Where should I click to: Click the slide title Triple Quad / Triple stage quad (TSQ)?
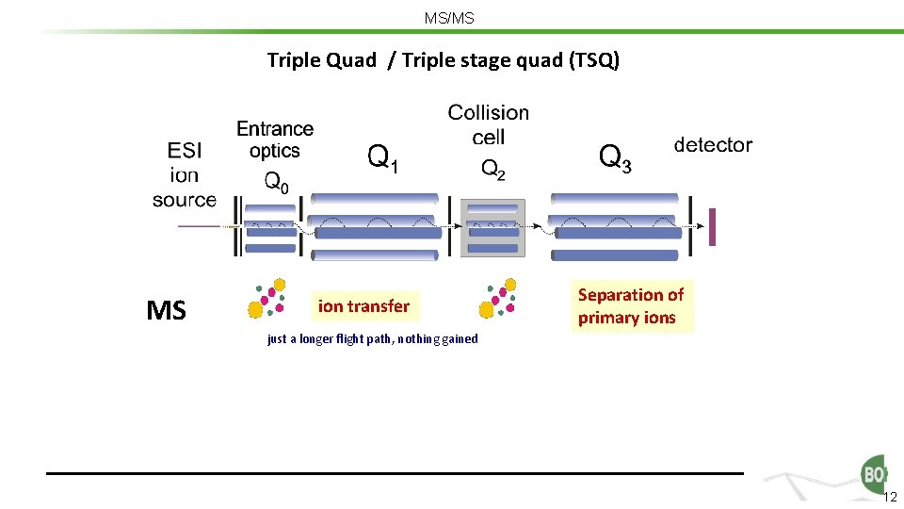pyautogui.click(x=443, y=61)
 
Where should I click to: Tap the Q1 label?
pyautogui.click(x=381, y=157)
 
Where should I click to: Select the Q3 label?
pyautogui.click(x=615, y=157)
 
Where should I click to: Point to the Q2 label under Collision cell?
pyautogui.click(x=493, y=170)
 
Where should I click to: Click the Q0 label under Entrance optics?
pyautogui.click(x=276, y=183)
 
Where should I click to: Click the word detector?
pyautogui.click(x=713, y=145)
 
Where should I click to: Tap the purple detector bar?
pyautogui.click(x=712, y=226)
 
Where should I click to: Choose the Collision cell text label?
pyautogui.click(x=488, y=124)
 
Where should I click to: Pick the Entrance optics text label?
pyautogui.click(x=275, y=140)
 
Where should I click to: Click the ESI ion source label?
pyautogui.click(x=185, y=174)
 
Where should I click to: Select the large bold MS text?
pyautogui.click(x=167, y=310)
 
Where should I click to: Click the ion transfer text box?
pyautogui.click(x=363, y=305)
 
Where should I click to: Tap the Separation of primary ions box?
pyautogui.click(x=631, y=306)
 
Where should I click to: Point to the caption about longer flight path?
pyautogui.click(x=372, y=339)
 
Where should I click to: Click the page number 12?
pyautogui.click(x=890, y=497)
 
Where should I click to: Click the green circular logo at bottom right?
pyautogui.click(x=873, y=473)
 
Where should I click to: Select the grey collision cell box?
pyautogui.click(x=492, y=228)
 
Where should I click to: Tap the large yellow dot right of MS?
pyautogui.click(x=255, y=308)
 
